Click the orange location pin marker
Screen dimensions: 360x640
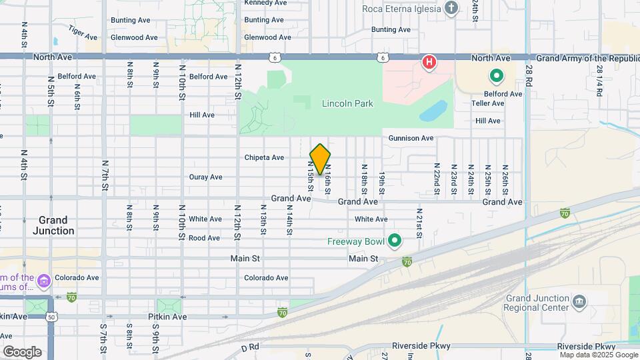coord(320,159)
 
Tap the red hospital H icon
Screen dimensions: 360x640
coord(430,63)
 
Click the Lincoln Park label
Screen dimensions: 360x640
coord(347,103)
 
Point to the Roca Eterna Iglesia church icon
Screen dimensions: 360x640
coord(452,9)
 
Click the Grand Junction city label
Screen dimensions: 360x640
coord(53,225)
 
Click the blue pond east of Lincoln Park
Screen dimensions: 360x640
coord(433,110)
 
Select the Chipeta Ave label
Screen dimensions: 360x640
coord(264,157)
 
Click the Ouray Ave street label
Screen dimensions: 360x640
coord(205,177)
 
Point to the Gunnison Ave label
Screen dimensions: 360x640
coord(412,138)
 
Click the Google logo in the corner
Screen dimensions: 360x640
coord(21,351)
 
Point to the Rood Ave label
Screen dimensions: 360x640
coord(204,237)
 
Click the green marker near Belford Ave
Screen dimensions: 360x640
coord(495,76)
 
